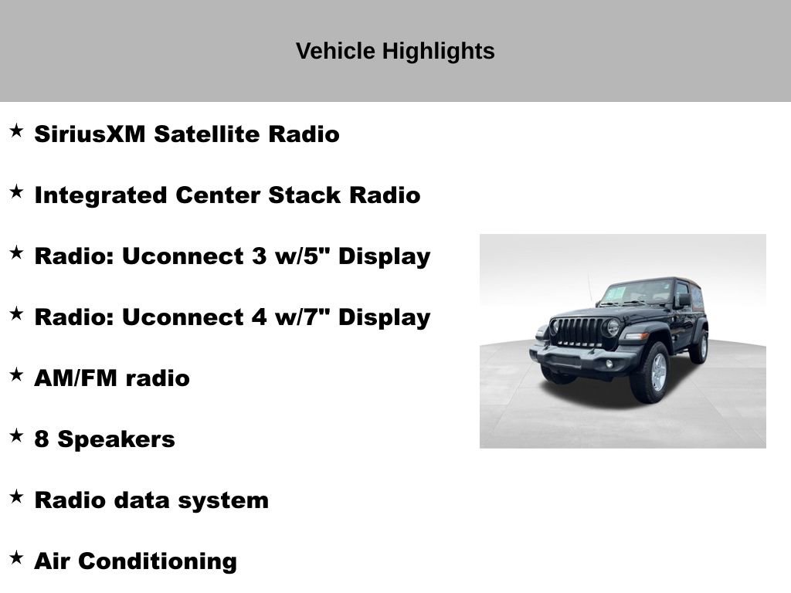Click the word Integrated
[x=100, y=195]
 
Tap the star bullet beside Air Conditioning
[x=16, y=557]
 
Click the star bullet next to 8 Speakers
[x=16, y=435]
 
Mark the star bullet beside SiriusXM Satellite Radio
[x=16, y=130]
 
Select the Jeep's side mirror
[x=684, y=300]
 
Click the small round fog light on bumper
[x=609, y=363]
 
